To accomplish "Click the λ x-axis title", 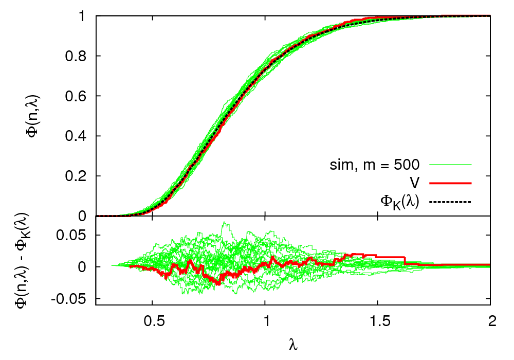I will click(x=293, y=343).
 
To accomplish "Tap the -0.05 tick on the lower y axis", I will click(x=70, y=299).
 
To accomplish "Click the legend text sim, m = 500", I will click(x=375, y=165).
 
